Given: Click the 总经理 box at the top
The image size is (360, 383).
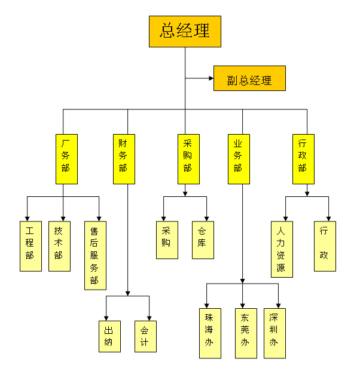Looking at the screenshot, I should coord(185,31).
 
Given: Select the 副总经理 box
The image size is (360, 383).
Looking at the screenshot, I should coord(249,78).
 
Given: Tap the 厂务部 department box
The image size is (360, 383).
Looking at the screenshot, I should coord(66,159).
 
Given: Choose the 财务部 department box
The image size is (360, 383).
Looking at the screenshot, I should coord(123,159).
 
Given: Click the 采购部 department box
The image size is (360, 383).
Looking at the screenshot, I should coord(188,159).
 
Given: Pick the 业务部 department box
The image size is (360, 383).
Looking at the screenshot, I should coord(238,159).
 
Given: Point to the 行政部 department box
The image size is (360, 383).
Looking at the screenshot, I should coord(303,159).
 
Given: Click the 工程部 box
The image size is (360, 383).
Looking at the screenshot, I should coord(30,246).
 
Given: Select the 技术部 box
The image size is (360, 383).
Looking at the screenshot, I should coord(59,246).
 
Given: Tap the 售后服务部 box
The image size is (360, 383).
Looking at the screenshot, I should coord(95,255).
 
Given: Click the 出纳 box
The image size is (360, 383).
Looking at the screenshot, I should coord(109,336).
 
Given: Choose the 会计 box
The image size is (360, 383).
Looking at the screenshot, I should coord(145,336).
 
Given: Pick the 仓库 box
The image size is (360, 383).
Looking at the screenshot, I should coord(203,240).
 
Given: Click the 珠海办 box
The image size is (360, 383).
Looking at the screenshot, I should coord(209,333).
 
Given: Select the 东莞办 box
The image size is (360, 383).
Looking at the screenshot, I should coord(245,333).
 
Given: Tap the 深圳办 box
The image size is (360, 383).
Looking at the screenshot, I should coord(274,333).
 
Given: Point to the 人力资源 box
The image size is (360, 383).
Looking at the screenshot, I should coord(282,249).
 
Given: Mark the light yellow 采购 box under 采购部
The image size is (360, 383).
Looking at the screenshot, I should coord(167,240).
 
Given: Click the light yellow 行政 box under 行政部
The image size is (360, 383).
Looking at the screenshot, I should coord(325,246).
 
